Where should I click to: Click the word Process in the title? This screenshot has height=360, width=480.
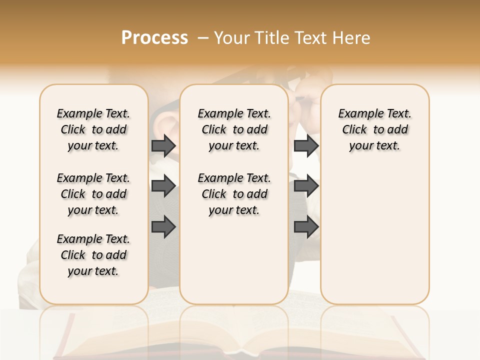point(154,38)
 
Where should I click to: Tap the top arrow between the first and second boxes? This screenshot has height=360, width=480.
point(163,145)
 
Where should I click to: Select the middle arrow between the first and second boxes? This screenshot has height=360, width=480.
point(163,186)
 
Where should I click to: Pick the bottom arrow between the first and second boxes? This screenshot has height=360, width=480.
point(163,227)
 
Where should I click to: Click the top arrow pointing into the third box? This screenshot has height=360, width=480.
point(306,145)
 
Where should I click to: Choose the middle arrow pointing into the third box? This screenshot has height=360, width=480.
point(306,186)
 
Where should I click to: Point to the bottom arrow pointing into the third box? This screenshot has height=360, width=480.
point(306,227)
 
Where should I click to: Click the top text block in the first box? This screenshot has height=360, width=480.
point(93,129)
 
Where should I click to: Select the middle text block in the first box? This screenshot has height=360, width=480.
point(93,194)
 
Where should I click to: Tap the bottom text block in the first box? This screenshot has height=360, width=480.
point(93,255)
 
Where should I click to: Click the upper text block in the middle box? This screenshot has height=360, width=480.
point(234,129)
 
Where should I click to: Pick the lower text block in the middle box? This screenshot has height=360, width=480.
point(234,194)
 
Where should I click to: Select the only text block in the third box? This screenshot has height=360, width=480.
point(374,129)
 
